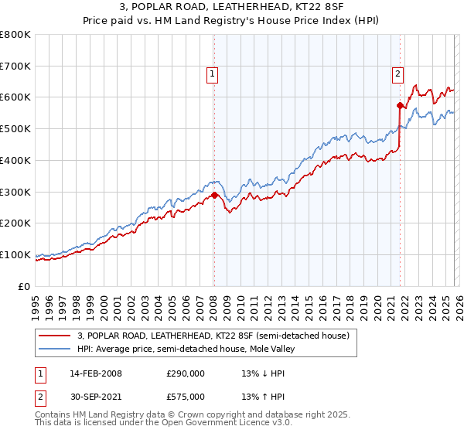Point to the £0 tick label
[25, 286]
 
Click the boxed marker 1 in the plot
[212, 74]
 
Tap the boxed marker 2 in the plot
[397, 74]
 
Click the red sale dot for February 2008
[214, 195]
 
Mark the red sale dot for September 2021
[400, 105]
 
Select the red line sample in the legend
[55, 336]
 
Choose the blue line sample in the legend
[55, 349]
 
